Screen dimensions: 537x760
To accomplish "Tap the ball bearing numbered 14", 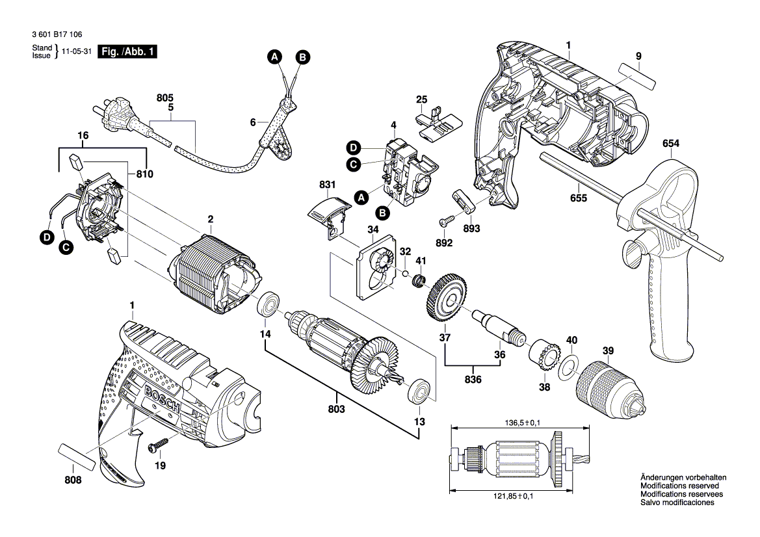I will click(268, 304).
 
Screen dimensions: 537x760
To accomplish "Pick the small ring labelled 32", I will click(406, 273).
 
